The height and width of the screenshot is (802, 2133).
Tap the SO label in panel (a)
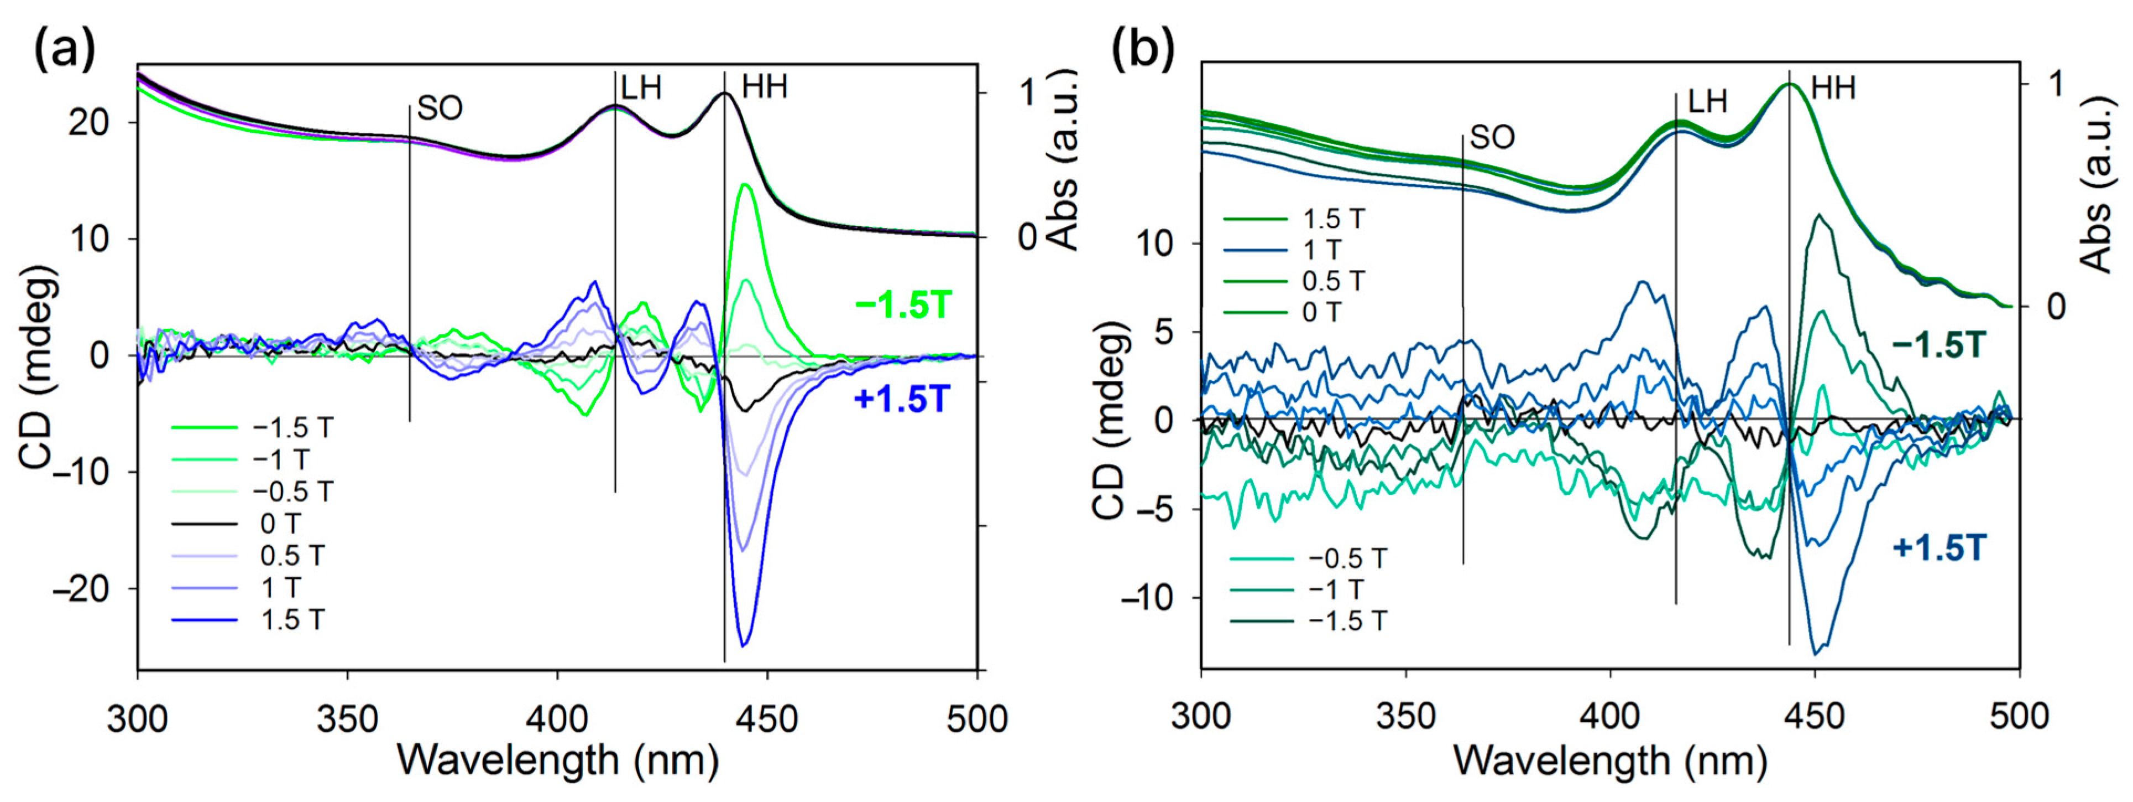(x=440, y=108)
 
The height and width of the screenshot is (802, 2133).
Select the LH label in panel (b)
(x=1707, y=102)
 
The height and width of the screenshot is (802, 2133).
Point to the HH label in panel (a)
(x=764, y=87)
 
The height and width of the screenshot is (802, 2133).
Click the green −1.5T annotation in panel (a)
(x=903, y=307)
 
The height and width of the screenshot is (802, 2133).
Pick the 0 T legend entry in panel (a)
(x=280, y=524)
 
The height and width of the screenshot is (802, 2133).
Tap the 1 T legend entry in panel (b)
(x=1321, y=250)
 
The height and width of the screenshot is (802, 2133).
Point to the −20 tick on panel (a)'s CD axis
(x=80, y=589)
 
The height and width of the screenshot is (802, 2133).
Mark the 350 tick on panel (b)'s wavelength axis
(x=1406, y=716)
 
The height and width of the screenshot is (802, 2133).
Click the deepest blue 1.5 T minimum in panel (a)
(x=744, y=645)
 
